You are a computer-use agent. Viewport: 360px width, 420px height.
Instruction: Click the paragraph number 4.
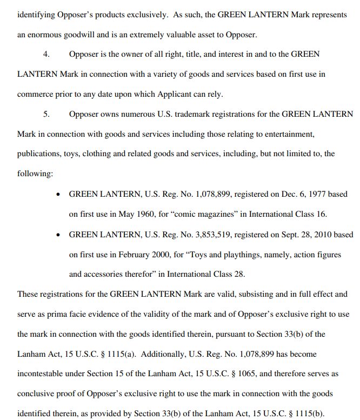[47, 55]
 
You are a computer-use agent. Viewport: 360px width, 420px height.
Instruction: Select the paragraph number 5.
[47, 114]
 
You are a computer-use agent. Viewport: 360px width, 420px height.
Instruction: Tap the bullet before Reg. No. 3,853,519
[58, 235]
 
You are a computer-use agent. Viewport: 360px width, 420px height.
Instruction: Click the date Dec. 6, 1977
[288, 194]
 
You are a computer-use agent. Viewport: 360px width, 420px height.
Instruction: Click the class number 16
[322, 214]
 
